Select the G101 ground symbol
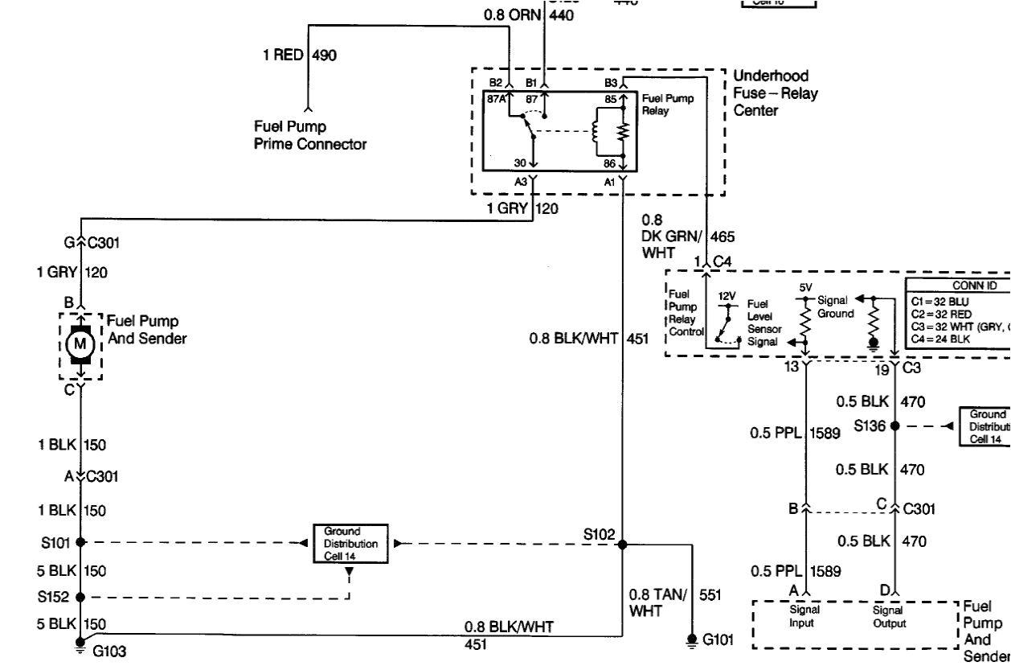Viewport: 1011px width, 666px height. point(691,640)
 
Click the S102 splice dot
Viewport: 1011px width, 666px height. point(621,544)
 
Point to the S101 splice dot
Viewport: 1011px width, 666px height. point(80,543)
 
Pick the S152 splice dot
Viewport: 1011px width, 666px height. point(80,597)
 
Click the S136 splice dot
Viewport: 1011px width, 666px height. point(894,425)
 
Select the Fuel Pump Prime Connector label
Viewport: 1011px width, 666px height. point(309,136)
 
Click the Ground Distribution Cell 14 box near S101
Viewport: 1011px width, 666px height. point(350,544)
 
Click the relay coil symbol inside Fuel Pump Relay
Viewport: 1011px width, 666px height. point(596,132)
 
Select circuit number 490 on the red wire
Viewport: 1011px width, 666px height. point(324,55)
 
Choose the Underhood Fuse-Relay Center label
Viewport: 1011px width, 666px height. point(775,93)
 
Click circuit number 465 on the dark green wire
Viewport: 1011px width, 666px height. point(722,236)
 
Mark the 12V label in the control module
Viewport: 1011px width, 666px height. point(727,296)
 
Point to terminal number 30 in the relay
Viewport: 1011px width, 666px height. point(520,162)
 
